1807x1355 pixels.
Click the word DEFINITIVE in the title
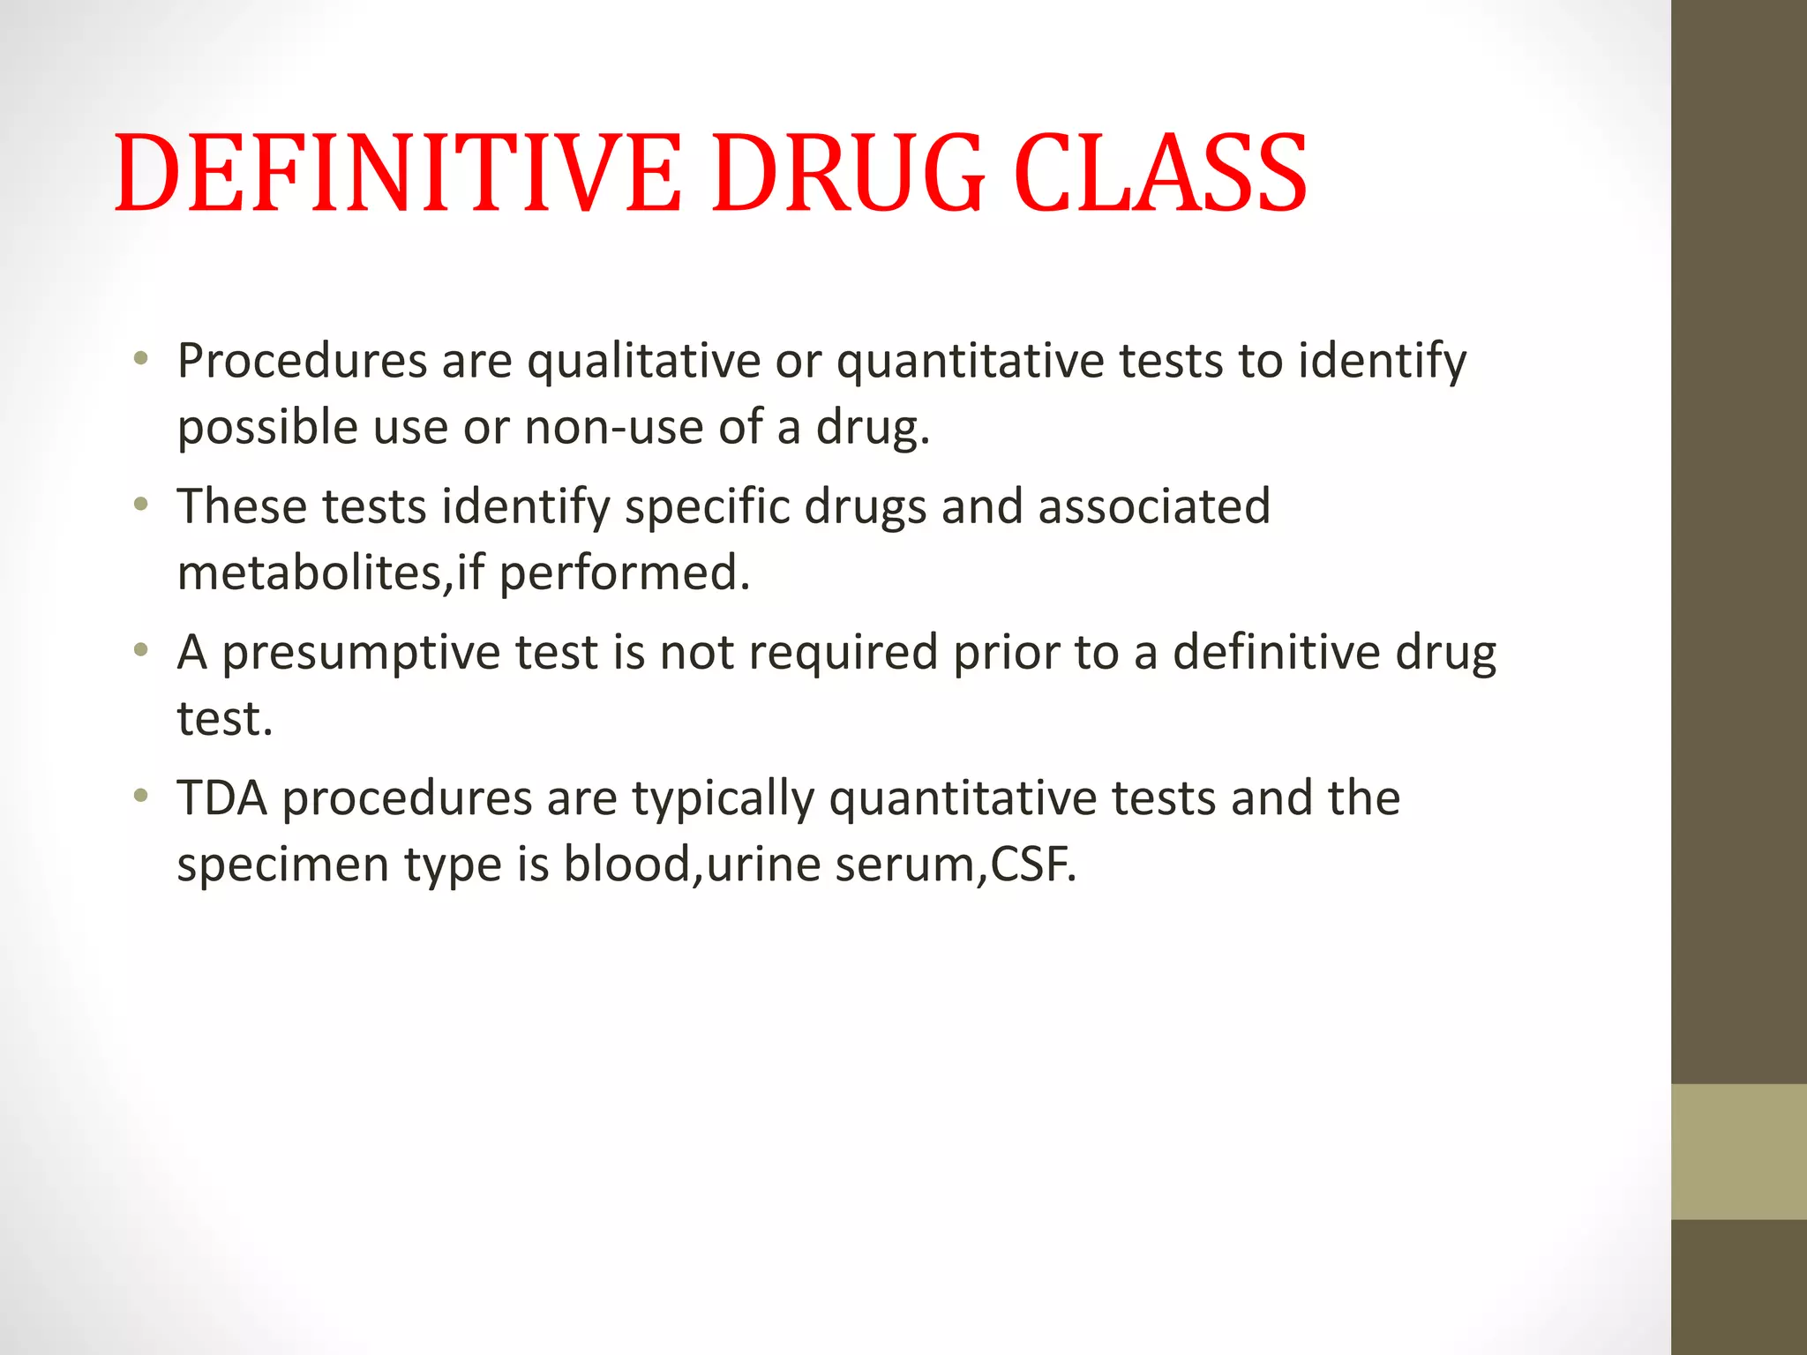click(x=398, y=174)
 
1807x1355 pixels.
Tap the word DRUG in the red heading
click(x=848, y=174)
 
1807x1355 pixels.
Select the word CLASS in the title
click(x=1160, y=174)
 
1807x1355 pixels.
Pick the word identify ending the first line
click(x=1382, y=361)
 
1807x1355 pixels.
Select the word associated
click(x=1154, y=506)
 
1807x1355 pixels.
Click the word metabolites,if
click(x=331, y=573)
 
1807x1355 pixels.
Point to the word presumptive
click(x=361, y=653)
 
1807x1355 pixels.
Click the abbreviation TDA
click(x=221, y=798)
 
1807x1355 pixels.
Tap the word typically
click(x=723, y=798)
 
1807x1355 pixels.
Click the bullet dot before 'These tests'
click(x=140, y=505)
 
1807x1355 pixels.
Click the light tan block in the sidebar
click(x=1738, y=1151)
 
